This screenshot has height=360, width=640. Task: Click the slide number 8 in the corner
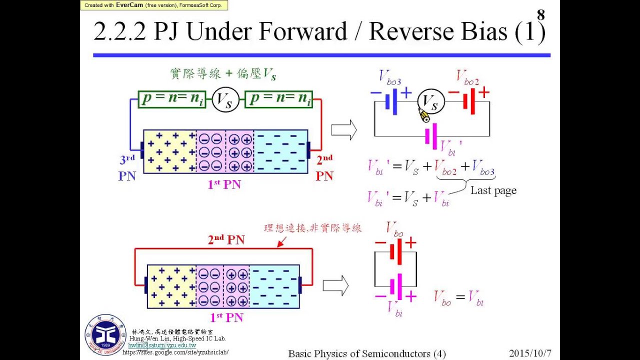[x=540, y=14]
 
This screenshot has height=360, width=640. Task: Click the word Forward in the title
[x=303, y=32]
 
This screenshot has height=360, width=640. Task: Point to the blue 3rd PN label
[x=127, y=168]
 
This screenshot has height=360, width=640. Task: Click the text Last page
[x=493, y=190]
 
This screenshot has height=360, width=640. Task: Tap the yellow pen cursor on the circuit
[x=424, y=116]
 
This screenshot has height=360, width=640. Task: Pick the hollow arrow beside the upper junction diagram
[x=344, y=130]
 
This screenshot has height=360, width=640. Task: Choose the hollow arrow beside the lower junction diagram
[x=335, y=286]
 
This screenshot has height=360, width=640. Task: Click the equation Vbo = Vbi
[x=458, y=298]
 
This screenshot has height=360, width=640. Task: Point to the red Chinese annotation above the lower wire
[x=312, y=228]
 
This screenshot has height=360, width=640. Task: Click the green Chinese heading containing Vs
[x=222, y=74]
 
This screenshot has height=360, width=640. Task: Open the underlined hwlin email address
[x=162, y=345]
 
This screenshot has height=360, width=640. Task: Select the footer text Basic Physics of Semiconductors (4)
[x=366, y=353]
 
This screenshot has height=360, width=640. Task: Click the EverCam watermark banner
[x=154, y=5]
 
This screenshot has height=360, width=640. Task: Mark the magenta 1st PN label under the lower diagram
[x=226, y=317]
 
